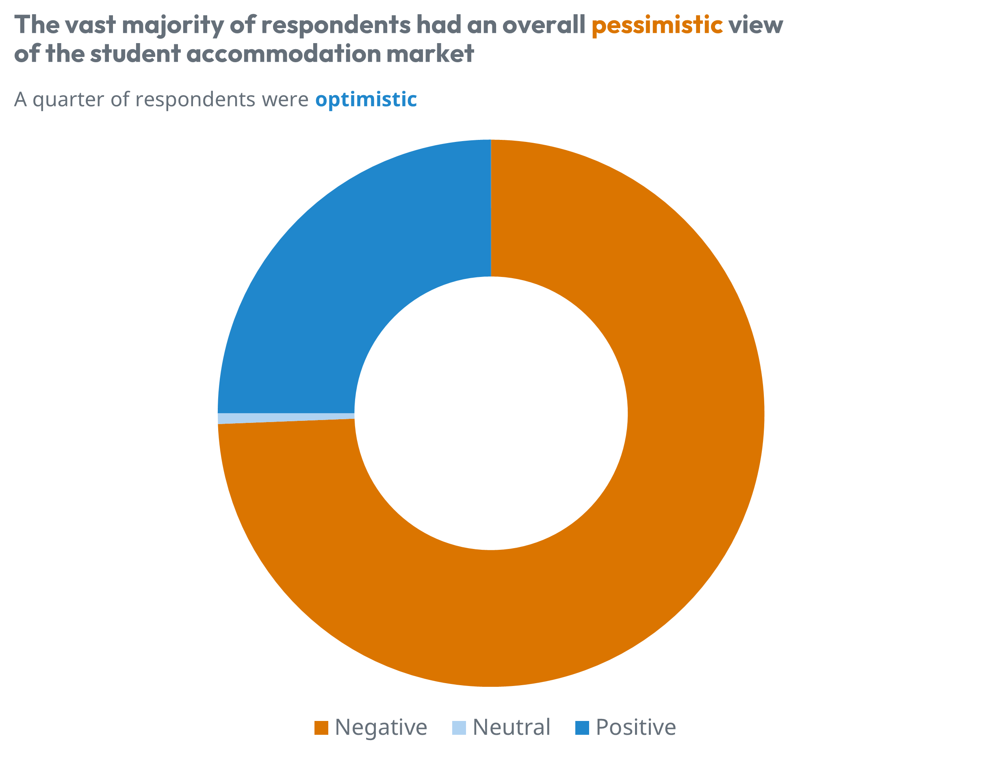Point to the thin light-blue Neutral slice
(x=270, y=418)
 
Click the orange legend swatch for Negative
(x=321, y=728)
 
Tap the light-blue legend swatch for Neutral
(x=459, y=728)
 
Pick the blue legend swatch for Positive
(x=582, y=728)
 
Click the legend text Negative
(x=381, y=727)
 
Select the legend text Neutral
(x=511, y=727)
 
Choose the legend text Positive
(x=635, y=727)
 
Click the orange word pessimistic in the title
(x=657, y=25)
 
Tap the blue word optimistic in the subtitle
(x=366, y=100)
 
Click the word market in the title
(x=430, y=54)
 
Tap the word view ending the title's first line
(x=755, y=25)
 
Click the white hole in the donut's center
(x=490, y=413)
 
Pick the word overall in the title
(x=544, y=25)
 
